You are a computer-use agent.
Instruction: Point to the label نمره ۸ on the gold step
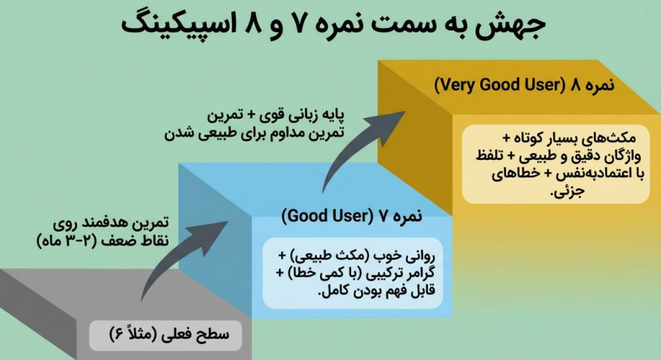pyautogui.click(x=584, y=85)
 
